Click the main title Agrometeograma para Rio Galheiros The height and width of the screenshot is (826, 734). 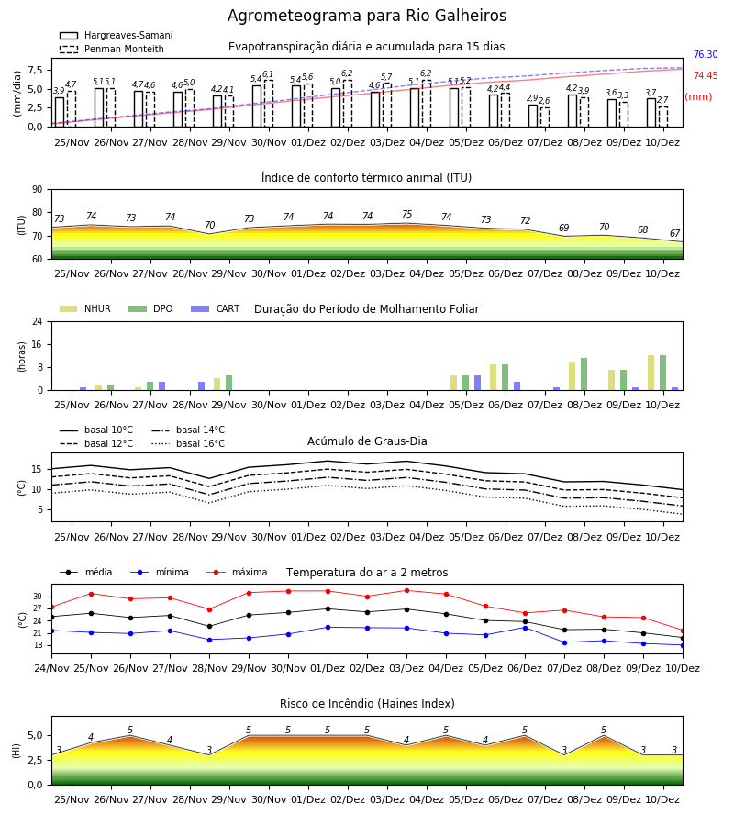(367, 16)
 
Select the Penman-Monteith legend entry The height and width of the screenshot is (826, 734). (112, 49)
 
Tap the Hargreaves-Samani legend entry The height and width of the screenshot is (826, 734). (116, 35)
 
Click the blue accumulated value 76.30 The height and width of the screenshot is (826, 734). (706, 54)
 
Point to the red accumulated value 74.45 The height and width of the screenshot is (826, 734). (706, 75)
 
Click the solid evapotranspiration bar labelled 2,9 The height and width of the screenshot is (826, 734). (533, 116)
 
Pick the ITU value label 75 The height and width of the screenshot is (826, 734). (407, 214)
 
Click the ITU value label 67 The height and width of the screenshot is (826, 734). (675, 233)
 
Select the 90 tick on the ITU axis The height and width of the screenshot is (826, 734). (37, 190)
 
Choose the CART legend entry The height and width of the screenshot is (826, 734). (216, 308)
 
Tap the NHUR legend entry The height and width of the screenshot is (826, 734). (85, 308)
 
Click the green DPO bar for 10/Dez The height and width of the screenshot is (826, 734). (663, 373)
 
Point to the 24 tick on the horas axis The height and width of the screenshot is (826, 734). (38, 322)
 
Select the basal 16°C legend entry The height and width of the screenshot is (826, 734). (188, 443)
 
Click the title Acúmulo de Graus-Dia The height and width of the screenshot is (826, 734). (367, 441)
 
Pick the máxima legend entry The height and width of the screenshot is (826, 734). (237, 572)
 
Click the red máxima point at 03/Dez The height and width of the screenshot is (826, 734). (407, 590)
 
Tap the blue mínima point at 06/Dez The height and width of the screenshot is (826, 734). (525, 628)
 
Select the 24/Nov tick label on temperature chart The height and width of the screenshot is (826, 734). (51, 668)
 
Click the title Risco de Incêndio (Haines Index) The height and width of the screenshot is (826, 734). (367, 704)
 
